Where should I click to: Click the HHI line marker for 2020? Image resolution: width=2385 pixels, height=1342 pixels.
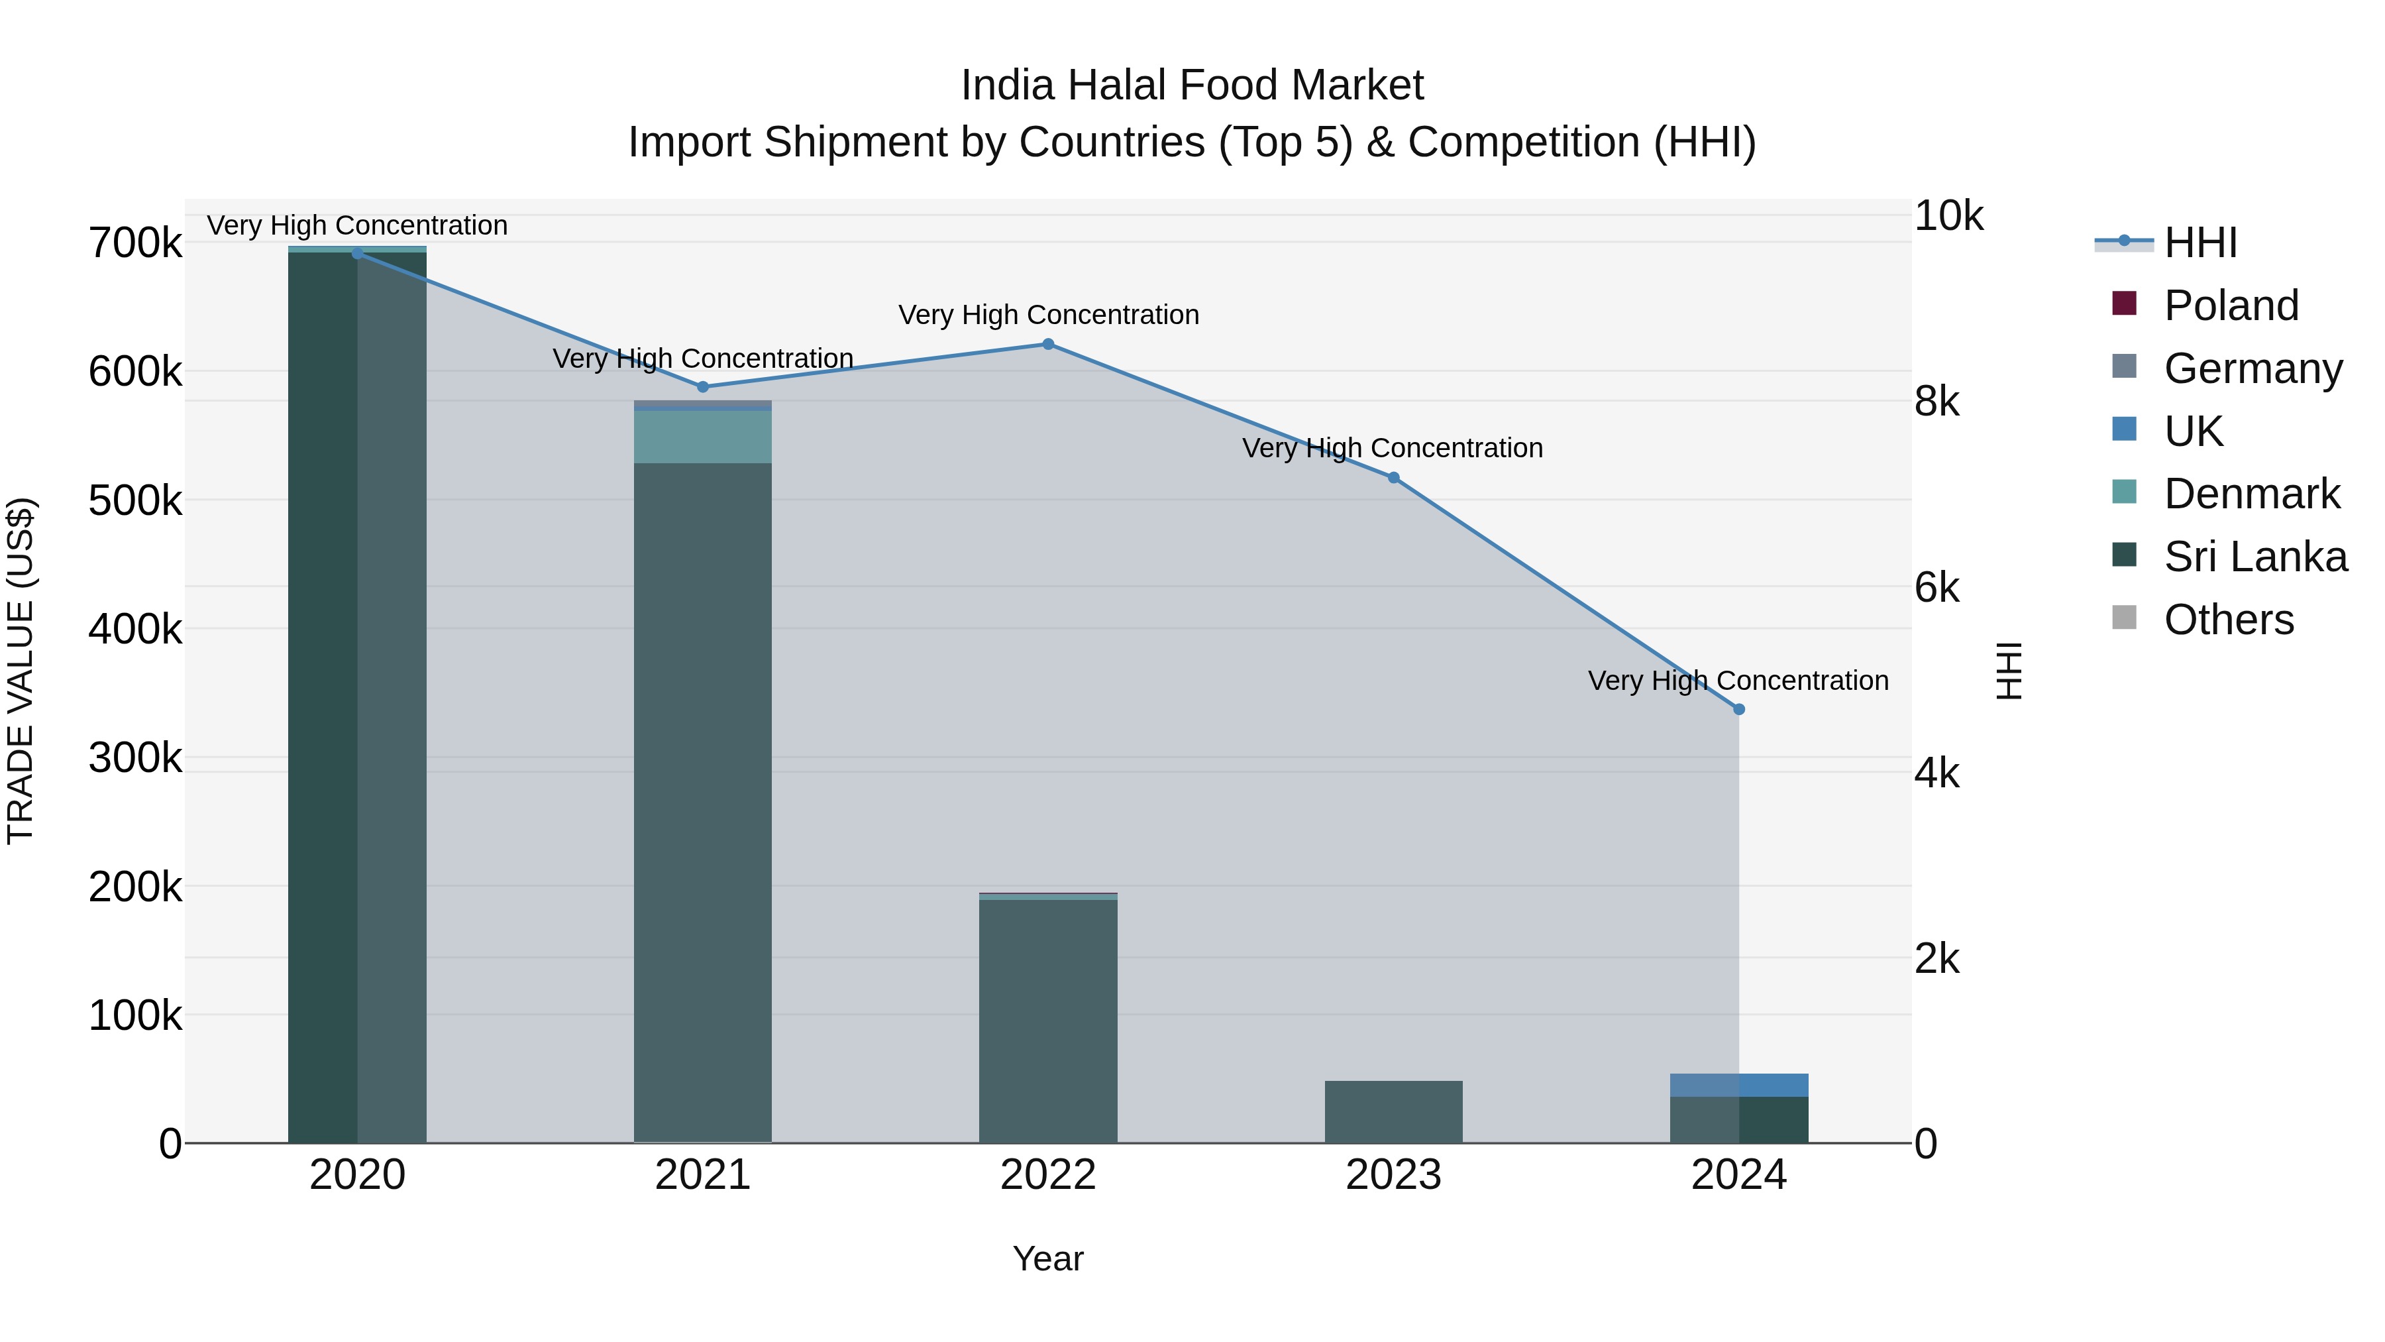(357, 253)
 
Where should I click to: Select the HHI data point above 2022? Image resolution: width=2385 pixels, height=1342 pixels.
(1048, 345)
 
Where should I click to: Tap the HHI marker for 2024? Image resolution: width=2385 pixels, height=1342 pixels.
(1739, 709)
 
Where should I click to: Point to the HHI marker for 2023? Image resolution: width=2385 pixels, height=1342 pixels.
(1393, 478)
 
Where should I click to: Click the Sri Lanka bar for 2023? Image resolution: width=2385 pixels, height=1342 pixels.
(1393, 1111)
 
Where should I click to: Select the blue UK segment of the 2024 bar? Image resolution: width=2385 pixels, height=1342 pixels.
(1739, 1084)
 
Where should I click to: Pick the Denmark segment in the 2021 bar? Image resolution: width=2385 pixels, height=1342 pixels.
(703, 436)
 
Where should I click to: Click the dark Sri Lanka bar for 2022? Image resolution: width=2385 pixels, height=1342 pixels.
(1048, 1019)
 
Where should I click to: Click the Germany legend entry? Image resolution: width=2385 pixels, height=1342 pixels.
(2252, 368)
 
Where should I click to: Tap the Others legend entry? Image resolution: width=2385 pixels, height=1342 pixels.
(2227, 620)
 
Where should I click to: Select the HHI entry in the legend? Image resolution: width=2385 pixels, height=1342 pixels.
(2199, 243)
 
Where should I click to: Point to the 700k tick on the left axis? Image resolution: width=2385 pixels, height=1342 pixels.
(135, 244)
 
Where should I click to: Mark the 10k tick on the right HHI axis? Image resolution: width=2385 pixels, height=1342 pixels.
(1948, 216)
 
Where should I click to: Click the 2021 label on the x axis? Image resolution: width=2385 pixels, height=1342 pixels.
(703, 1175)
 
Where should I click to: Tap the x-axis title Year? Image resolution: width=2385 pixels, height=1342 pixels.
(1048, 1258)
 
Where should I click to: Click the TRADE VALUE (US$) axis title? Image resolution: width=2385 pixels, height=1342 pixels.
(21, 671)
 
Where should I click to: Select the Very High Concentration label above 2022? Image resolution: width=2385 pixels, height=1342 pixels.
(1048, 315)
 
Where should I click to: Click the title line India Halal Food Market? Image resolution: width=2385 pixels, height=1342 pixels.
(1192, 85)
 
